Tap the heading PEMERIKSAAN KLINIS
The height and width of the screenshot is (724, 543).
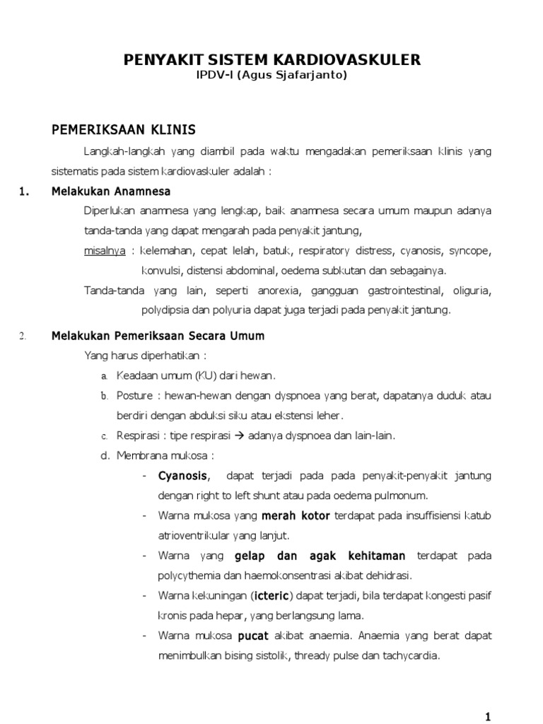124,130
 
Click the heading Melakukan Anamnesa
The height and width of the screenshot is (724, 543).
111,192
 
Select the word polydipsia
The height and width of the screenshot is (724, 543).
166,310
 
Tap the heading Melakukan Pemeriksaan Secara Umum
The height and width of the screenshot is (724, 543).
158,336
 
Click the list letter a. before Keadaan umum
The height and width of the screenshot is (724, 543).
105,375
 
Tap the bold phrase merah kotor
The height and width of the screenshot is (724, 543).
296,515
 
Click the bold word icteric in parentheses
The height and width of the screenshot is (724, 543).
269,595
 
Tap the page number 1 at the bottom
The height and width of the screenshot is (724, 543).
487,717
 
